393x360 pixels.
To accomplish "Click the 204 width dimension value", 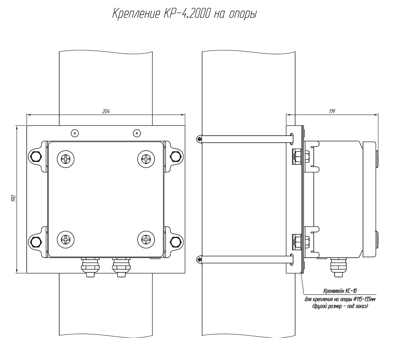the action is coord(106,111).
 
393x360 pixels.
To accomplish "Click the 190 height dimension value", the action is coord(14,198).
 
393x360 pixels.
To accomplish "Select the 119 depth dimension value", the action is coord(332,111).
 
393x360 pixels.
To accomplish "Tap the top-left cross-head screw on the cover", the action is coord(66,159).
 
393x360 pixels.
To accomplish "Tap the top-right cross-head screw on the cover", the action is coord(146,159).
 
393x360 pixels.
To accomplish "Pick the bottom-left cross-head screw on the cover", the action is coord(66,239).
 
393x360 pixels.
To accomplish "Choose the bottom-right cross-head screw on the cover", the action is coord(146,239).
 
